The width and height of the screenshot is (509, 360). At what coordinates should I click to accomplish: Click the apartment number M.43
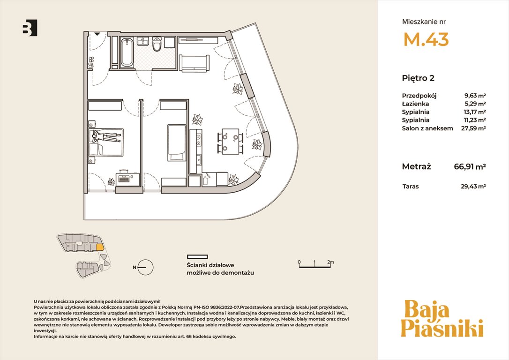click(426, 39)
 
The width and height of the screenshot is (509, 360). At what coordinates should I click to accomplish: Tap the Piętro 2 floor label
click(418, 78)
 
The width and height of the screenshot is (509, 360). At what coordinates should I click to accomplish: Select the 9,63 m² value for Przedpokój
click(475, 96)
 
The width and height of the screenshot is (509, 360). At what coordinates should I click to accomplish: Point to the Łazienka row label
click(415, 104)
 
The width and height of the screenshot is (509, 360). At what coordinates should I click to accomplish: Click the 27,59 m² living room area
click(473, 128)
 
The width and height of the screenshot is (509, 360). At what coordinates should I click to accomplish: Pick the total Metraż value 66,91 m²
click(470, 167)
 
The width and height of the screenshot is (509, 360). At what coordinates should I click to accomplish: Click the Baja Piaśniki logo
click(442, 319)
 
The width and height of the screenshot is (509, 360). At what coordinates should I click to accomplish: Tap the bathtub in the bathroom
click(127, 52)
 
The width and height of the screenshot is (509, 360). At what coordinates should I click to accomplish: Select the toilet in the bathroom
click(157, 44)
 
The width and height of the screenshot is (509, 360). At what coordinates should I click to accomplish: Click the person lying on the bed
click(105, 136)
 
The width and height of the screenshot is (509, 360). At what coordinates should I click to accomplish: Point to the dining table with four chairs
click(231, 141)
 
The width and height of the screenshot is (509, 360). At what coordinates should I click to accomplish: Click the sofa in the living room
click(194, 63)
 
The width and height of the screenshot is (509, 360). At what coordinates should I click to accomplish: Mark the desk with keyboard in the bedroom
click(126, 177)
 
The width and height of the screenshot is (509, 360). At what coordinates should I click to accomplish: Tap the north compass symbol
click(145, 268)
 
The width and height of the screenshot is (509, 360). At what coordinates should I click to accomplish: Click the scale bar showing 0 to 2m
click(315, 264)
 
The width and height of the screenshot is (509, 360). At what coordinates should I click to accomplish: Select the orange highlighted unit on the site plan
click(100, 247)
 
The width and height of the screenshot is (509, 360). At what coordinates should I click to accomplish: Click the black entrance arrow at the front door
click(97, 34)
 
